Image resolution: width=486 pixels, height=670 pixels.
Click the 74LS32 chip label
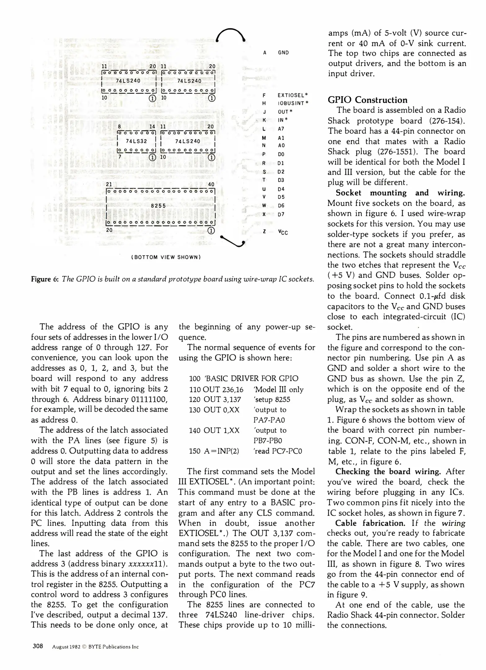136,141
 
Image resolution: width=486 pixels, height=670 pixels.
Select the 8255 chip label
158,206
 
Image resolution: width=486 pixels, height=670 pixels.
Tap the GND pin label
283,53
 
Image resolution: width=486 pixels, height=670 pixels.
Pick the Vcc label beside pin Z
283,232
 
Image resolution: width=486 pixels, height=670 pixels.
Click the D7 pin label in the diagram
281,214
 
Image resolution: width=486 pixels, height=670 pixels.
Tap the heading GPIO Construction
367,100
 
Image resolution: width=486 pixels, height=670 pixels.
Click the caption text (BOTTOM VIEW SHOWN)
166,257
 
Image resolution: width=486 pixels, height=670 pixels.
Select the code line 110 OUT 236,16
216,390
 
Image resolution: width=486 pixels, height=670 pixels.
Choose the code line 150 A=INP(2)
214,451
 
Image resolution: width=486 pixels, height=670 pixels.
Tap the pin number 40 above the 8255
211,184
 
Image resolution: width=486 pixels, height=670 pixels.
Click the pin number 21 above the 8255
109,184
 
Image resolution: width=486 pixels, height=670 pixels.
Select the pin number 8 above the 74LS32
119,127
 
